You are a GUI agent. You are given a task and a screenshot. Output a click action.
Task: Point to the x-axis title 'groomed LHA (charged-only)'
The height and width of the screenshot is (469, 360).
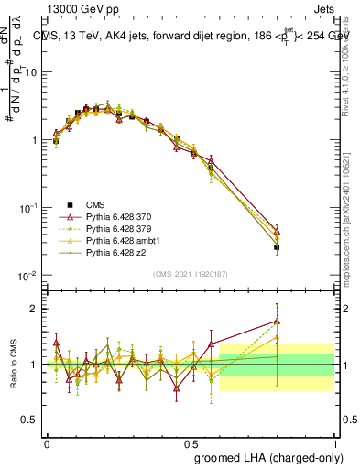click(x=268, y=456)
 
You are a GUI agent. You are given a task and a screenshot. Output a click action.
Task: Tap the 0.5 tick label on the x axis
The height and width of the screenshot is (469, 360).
click(x=191, y=442)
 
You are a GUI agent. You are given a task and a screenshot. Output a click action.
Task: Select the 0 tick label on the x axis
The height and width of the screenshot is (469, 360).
click(x=47, y=442)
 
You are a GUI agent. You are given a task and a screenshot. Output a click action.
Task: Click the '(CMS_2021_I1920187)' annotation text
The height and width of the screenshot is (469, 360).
click(x=191, y=272)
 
